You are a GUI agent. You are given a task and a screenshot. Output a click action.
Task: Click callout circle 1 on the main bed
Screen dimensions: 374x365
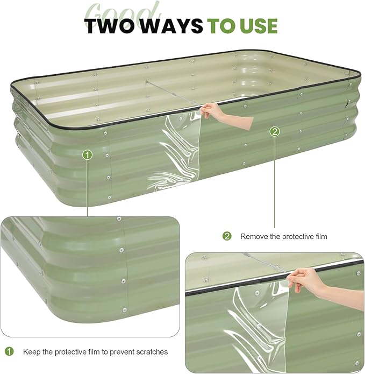pos(88,155)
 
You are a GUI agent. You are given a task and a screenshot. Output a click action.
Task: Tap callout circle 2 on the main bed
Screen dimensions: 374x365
pos(274,131)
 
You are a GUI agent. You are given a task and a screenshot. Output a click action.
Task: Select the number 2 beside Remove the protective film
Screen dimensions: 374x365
pos(227,236)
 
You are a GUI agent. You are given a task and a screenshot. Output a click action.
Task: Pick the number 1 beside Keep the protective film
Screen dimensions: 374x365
pos(9,351)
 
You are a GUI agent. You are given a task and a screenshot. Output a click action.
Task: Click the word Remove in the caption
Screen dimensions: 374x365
pos(253,236)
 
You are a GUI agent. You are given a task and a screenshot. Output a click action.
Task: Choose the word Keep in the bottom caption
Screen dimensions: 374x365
pos(31,352)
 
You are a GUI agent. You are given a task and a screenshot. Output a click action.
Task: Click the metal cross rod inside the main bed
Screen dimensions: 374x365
pos(172,96)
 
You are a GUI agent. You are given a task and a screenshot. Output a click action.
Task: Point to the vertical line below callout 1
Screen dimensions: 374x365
pos(88,188)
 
